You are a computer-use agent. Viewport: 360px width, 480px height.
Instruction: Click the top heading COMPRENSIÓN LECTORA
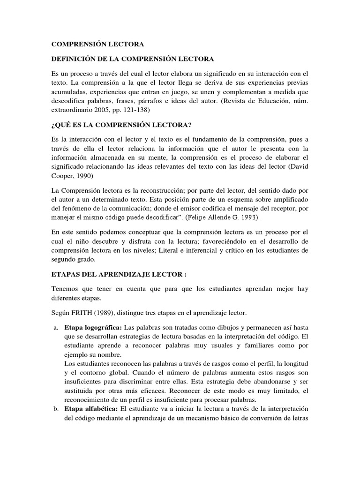97,44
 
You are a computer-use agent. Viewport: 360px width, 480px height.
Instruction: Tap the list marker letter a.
55,327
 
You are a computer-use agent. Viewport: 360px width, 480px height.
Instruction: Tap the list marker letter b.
55,409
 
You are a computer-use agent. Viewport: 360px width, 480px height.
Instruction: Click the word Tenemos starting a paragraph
65,289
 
